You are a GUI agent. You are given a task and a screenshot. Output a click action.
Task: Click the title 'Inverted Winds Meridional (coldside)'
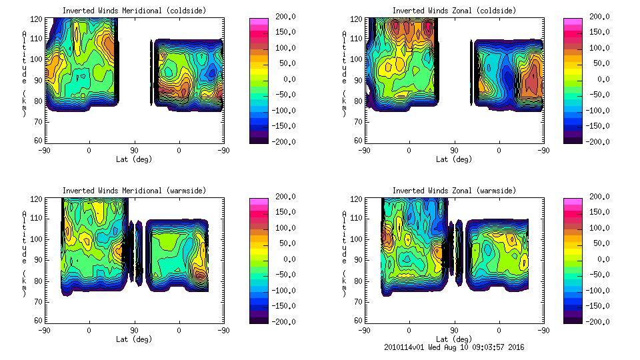point(134,11)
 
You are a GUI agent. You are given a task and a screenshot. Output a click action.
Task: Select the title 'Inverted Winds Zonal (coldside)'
point(454,11)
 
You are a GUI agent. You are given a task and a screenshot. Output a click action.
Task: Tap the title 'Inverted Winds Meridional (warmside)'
point(134,191)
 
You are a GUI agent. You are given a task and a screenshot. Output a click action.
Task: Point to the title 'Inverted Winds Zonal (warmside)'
point(454,191)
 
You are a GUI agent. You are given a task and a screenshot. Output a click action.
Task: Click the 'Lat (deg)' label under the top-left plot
point(134,159)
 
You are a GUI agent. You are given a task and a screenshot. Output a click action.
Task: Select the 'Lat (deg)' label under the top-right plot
point(454,159)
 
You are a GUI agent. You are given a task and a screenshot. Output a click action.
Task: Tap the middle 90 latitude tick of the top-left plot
point(134,151)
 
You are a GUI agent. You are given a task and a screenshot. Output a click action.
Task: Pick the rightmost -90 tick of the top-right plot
point(544,151)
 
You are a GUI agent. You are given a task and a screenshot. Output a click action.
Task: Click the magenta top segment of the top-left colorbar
point(259,22)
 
